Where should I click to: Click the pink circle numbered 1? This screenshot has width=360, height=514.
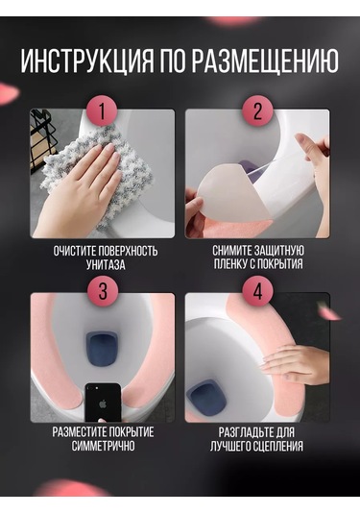tap(102, 110)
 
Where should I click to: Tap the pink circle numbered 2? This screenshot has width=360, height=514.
tap(257, 110)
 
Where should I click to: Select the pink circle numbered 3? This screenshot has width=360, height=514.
tap(103, 291)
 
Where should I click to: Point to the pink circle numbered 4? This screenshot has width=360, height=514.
tap(257, 291)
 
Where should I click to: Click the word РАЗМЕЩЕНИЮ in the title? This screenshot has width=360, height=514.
tap(265, 61)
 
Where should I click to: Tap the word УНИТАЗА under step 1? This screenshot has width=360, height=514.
tap(106, 264)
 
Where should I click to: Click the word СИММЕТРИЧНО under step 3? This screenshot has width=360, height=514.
tap(103, 446)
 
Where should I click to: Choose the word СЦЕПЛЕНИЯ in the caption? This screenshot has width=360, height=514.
tap(276, 446)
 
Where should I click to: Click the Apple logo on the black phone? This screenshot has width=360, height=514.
tap(103, 404)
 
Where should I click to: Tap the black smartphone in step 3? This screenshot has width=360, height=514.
tap(103, 403)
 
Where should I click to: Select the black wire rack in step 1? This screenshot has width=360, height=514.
tap(41, 141)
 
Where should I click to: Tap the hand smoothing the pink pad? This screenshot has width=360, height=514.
tap(295, 364)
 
